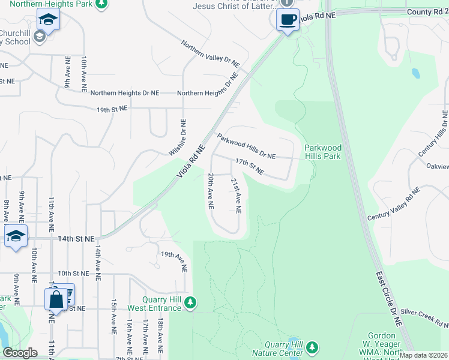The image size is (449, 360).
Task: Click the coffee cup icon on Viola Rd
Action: (x=288, y=20)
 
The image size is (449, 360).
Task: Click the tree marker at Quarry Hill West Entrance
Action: (x=190, y=302)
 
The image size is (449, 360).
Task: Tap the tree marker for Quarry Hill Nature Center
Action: (x=312, y=347)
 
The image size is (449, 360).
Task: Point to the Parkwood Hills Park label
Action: (x=322, y=152)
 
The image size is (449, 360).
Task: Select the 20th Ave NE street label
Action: (x=211, y=191)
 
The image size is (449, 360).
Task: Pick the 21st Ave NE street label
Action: (x=237, y=195)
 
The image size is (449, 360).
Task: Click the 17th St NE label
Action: (x=249, y=167)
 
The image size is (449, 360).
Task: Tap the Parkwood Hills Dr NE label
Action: (x=246, y=147)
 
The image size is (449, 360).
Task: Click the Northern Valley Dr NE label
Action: (x=211, y=54)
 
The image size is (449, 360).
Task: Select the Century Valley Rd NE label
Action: (x=394, y=203)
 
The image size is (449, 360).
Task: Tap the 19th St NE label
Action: (x=112, y=109)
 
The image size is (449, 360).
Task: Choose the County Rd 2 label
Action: (x=427, y=12)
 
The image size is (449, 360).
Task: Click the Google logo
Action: (x=20, y=352)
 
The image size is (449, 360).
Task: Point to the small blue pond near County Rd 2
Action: (x=415, y=74)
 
